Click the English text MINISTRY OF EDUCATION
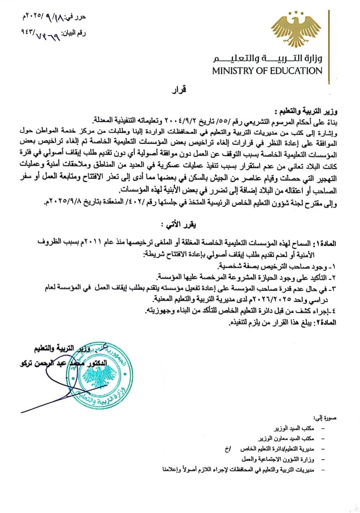pos(267,71)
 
